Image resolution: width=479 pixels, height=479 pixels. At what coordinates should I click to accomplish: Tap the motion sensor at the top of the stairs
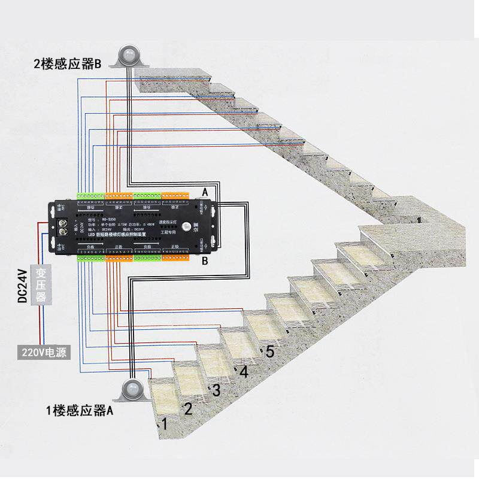point(129,57)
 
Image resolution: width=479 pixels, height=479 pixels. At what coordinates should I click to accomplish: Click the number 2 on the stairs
point(187,410)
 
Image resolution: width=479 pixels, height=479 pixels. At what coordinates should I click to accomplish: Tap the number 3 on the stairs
point(216,390)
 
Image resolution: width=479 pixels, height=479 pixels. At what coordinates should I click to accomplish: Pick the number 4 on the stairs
point(243,371)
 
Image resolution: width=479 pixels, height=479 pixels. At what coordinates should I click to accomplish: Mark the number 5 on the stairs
point(269,352)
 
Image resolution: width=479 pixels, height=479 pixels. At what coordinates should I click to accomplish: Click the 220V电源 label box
point(43,352)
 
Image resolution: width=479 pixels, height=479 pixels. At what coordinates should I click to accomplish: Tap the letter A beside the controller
point(205,192)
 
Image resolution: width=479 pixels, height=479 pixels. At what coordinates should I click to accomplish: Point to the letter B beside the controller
point(205,261)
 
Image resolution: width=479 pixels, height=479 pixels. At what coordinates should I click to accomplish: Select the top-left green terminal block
point(90,196)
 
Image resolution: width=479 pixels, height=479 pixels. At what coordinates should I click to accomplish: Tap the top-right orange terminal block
point(177,196)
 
